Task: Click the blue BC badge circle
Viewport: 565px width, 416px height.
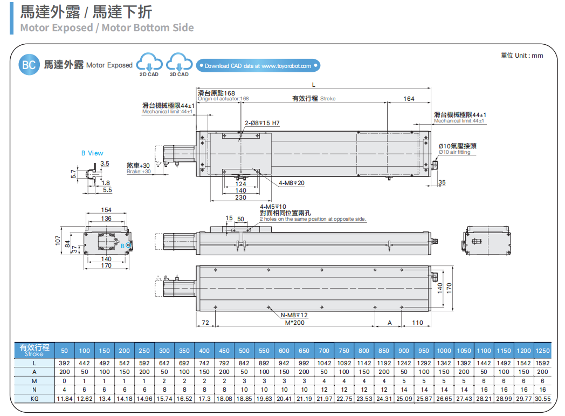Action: point(29,65)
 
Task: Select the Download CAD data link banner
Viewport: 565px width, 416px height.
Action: point(258,66)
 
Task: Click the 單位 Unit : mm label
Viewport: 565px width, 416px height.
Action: point(522,56)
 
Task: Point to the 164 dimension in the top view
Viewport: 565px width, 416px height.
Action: point(409,99)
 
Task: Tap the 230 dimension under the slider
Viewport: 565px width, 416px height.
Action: point(240,197)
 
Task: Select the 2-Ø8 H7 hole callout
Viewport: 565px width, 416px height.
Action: point(262,124)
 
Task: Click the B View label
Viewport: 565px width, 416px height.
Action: point(92,153)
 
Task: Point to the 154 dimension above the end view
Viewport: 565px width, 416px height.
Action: point(106,210)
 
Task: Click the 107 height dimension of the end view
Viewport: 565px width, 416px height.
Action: point(58,241)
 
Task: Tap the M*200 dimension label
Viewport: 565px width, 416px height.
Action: point(294,323)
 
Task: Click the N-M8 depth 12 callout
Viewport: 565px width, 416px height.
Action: point(294,315)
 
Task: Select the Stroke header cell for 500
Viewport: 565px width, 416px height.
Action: point(244,351)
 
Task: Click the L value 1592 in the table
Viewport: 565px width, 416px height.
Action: point(542,363)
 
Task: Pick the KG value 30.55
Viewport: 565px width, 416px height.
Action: point(542,398)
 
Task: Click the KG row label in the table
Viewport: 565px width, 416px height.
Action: point(35,398)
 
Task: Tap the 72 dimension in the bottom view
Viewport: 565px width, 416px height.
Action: point(205,323)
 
